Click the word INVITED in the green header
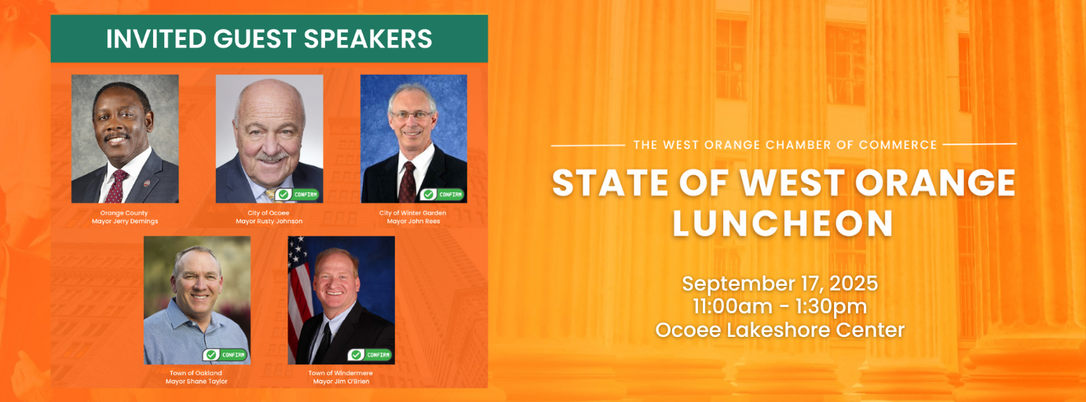click(152, 38)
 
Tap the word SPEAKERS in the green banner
click(368, 38)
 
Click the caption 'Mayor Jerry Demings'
click(125, 221)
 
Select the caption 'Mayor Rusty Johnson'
click(269, 221)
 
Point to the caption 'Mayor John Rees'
click(414, 221)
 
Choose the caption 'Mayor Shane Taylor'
click(196, 381)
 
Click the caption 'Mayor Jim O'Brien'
click(342, 381)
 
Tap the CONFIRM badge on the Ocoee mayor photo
click(297, 195)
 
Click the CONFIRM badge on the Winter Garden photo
click(441, 195)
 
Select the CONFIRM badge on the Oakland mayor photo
click(225, 355)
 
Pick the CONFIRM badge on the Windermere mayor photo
click(370, 355)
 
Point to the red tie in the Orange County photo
click(116, 186)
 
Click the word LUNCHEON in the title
click(783, 224)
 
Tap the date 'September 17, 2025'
click(780, 283)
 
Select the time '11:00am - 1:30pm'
click(780, 306)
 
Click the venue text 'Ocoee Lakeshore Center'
click(780, 330)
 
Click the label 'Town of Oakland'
click(196, 373)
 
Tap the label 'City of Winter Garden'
click(412, 213)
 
